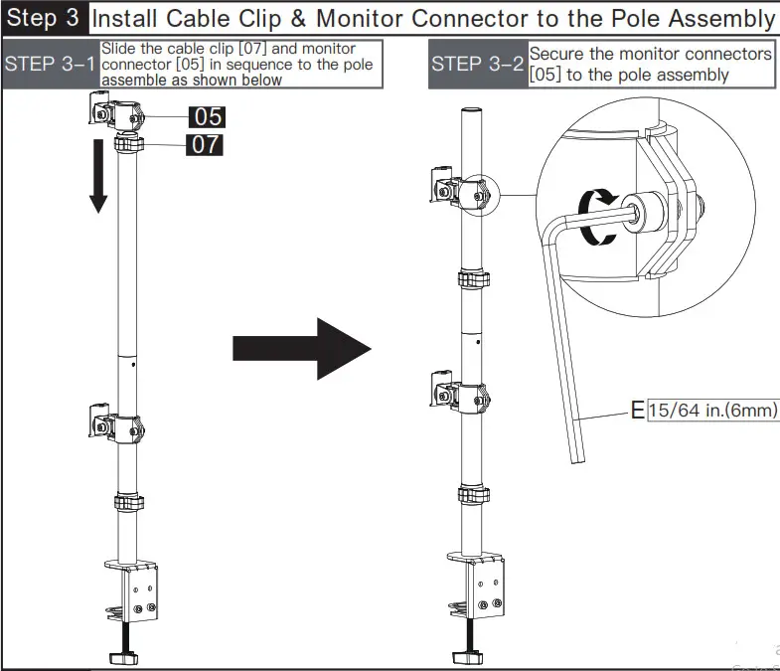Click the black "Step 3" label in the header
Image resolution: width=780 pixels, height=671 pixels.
point(44,18)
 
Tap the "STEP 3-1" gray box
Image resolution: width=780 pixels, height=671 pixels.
point(51,65)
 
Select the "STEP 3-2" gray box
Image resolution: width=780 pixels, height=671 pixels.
point(478,65)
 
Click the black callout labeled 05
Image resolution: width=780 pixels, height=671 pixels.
point(207,116)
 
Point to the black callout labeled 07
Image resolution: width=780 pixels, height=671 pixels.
point(206,145)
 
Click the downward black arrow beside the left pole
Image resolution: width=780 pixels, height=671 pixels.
point(97,177)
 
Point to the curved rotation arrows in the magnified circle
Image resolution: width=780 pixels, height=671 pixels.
point(596,217)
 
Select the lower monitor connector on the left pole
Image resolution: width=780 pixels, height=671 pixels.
point(114,421)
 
